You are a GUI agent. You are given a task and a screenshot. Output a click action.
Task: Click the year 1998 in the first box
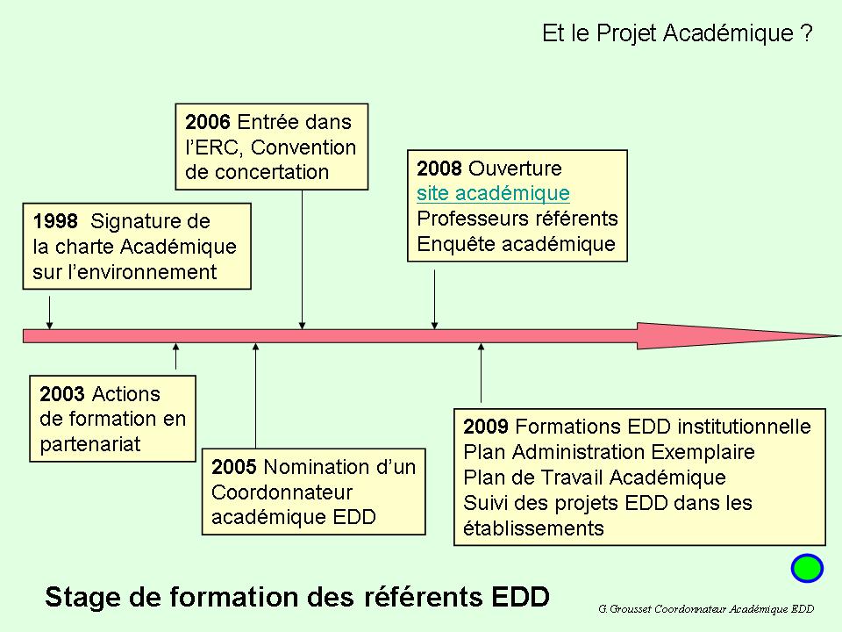tap(55, 221)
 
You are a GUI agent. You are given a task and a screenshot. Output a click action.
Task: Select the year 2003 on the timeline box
tap(62, 394)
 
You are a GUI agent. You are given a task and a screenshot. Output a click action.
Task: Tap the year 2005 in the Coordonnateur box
tap(234, 466)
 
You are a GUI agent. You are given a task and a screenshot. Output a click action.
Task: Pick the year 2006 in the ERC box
tap(208, 122)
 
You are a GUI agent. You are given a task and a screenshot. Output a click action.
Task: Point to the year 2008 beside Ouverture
tap(439, 169)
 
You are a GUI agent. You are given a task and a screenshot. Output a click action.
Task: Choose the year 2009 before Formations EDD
tap(486, 427)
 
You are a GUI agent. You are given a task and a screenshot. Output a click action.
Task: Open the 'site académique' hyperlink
tap(493, 193)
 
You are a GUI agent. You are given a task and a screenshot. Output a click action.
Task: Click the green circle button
tap(807, 568)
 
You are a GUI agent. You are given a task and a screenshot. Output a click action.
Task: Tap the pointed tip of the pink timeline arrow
tap(840, 336)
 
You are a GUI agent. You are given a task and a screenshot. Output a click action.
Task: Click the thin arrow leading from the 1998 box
tap(50, 312)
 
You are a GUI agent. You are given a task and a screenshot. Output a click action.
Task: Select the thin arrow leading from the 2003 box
tap(175, 356)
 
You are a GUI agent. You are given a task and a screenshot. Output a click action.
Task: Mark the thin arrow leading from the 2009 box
tap(482, 373)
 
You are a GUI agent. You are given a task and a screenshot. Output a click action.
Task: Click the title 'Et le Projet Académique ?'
tap(677, 33)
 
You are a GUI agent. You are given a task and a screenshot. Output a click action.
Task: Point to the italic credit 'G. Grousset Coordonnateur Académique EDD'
tap(706, 609)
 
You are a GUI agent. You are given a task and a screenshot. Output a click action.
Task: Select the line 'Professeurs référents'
tap(517, 219)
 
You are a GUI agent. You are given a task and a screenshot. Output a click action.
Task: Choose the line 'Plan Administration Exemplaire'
tap(609, 452)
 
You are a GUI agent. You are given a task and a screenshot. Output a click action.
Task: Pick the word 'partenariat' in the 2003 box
tap(90, 444)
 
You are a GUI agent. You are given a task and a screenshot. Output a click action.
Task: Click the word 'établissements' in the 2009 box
tap(533, 528)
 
